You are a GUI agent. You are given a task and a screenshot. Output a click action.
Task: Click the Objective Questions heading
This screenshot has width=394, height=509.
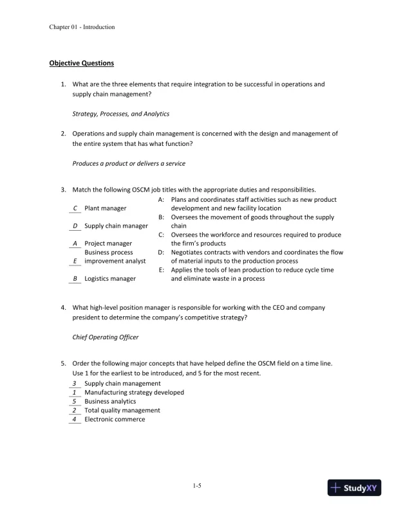(82, 63)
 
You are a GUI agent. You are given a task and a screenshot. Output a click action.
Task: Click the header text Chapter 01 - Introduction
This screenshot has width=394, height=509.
(82, 27)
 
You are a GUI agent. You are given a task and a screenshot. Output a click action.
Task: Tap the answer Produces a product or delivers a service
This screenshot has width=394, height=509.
(129, 163)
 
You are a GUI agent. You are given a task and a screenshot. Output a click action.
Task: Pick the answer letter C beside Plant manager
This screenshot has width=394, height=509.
(75, 208)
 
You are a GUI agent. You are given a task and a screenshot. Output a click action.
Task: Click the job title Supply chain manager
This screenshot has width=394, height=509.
(117, 226)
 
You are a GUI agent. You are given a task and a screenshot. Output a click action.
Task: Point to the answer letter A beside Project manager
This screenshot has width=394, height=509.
(75, 244)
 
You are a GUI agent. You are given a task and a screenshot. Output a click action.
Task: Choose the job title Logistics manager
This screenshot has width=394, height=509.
(110, 279)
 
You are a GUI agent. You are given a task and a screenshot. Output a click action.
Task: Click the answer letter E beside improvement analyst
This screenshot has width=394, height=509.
(75, 262)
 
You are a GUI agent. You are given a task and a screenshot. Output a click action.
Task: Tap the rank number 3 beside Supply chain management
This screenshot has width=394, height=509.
(75, 383)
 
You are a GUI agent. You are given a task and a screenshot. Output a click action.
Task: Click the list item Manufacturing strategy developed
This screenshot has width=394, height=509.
(134, 392)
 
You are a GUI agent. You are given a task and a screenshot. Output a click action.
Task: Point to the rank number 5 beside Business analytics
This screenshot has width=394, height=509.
(75, 401)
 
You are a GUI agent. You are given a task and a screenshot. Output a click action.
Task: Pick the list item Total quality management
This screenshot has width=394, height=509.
(122, 410)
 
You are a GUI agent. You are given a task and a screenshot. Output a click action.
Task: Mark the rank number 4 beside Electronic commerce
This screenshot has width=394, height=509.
(75, 419)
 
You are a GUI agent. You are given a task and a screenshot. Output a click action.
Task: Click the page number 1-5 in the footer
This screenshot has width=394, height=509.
(197, 487)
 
